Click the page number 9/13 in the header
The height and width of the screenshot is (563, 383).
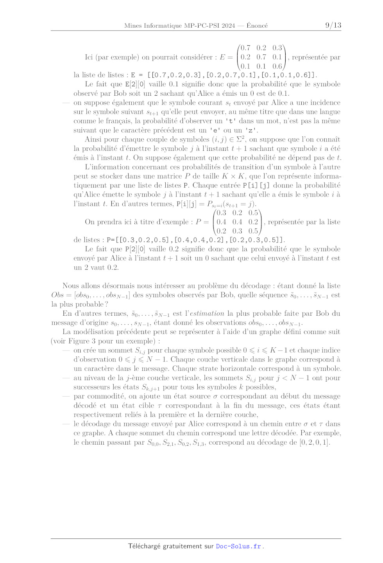[333, 25]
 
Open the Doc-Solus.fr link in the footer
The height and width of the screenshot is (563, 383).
[238, 546]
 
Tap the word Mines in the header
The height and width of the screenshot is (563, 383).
[133, 26]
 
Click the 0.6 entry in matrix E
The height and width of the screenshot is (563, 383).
[277, 66]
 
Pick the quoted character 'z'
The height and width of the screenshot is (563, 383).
[251, 130]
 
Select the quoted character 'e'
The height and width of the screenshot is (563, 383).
[216, 130]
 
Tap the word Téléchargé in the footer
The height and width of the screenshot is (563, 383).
[144, 546]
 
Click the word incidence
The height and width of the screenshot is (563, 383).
[323, 102]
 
